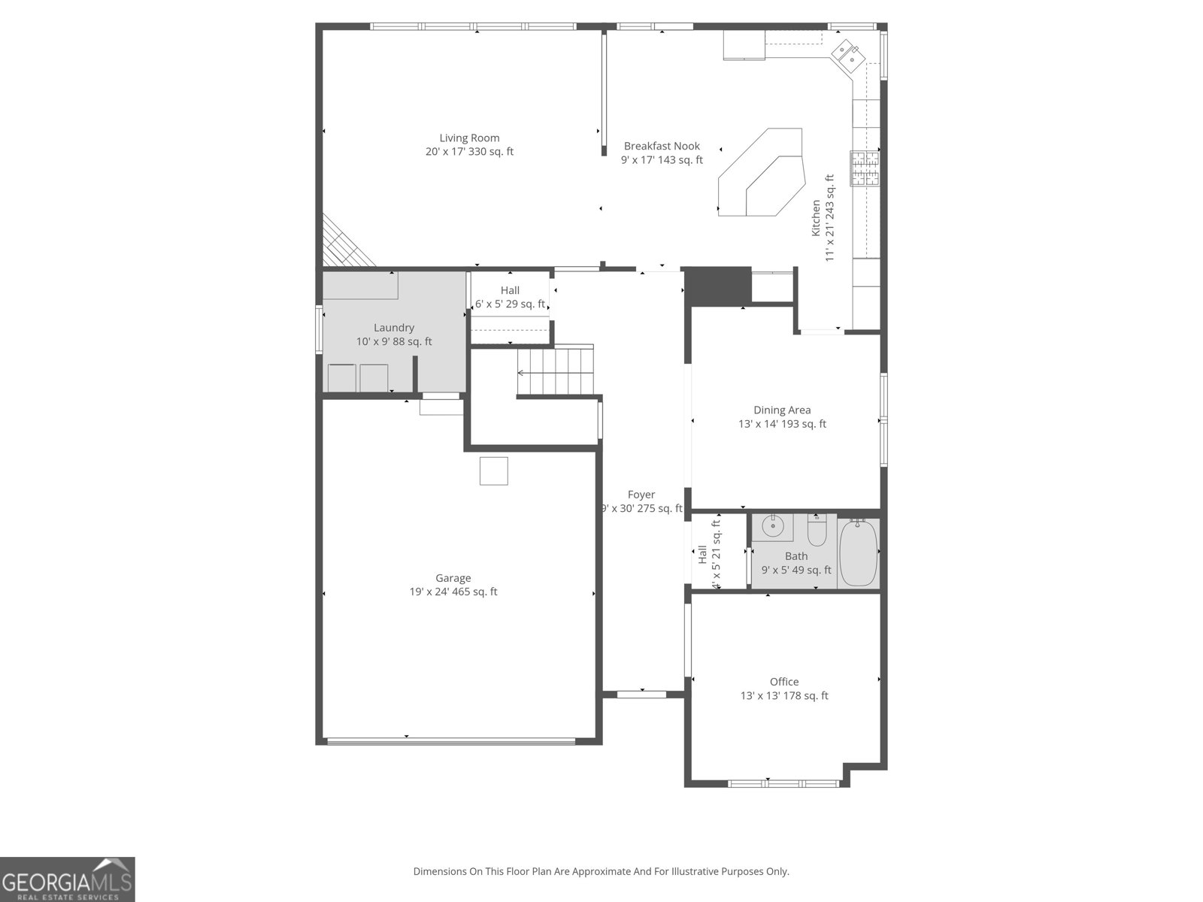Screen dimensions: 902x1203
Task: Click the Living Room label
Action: coord(469,138)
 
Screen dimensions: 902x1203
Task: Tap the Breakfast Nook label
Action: coord(662,146)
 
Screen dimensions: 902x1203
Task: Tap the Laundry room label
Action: coord(394,328)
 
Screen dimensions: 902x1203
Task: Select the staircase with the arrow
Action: coord(556,371)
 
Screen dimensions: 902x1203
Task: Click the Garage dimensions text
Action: coord(453,592)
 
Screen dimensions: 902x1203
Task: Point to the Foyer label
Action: coord(641,495)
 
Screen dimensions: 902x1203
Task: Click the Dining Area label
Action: coord(782,410)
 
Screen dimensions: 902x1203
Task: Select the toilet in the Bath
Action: coord(817,531)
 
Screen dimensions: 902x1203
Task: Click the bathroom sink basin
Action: coord(772,527)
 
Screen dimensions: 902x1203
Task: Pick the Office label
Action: coord(784,682)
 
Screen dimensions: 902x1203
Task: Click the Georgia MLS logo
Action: coord(67,879)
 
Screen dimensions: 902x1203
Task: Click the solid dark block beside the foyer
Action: coord(719,286)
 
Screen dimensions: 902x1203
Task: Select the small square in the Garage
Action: coord(494,471)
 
